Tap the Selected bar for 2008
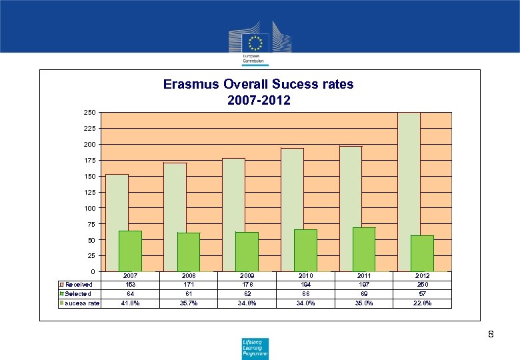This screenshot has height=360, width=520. click(189, 251)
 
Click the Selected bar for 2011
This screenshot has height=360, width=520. click(364, 249)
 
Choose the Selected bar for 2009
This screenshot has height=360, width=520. click(247, 251)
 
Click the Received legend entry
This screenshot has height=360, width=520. click(78, 285)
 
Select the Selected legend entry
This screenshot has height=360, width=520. click(78, 294)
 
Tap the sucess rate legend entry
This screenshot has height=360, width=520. click(81, 303)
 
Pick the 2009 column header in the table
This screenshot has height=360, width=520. click(247, 275)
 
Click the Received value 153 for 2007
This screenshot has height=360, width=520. click(130, 285)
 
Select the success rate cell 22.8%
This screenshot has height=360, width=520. click(422, 303)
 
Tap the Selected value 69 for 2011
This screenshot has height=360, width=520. click(364, 294)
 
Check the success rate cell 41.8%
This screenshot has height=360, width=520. click(130, 303)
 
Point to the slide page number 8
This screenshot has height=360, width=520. click(491, 333)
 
